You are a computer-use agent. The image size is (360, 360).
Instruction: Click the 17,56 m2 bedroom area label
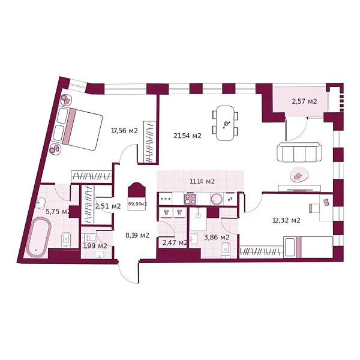[x=124, y=130]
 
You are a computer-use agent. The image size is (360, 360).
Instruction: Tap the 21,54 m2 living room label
[x=187, y=136]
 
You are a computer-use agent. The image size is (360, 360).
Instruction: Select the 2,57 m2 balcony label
[x=304, y=101]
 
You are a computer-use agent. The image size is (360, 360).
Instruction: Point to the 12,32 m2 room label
[x=286, y=220]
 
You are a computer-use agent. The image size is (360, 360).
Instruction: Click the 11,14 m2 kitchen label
[x=202, y=181]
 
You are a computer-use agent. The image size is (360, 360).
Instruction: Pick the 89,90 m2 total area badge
[x=137, y=203]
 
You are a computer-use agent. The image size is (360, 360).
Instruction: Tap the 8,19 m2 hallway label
[x=137, y=235]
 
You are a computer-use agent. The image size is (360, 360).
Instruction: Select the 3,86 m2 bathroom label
[x=216, y=237]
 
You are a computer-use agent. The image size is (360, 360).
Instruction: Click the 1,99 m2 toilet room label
[x=95, y=245]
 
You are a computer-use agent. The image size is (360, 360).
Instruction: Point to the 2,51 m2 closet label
[x=108, y=206]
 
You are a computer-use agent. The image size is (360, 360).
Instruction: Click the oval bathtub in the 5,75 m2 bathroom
[x=39, y=237]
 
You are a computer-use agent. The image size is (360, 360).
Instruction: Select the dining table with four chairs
[x=226, y=123]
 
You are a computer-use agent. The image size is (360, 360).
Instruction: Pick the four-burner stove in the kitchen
[x=191, y=199]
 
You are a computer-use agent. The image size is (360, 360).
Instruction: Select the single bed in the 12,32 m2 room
[x=308, y=247]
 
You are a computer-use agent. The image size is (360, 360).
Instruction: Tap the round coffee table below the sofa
[x=298, y=176]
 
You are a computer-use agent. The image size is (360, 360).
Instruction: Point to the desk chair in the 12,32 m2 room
[x=314, y=208]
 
